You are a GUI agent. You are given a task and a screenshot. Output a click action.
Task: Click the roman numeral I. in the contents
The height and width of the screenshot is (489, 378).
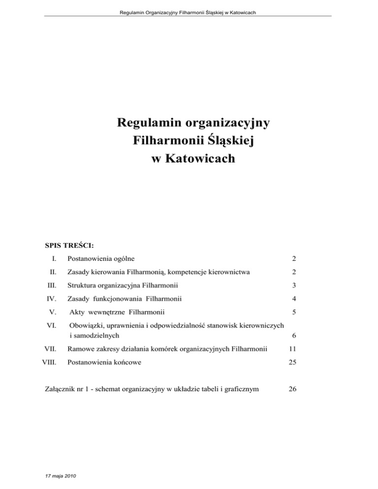(60, 258)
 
